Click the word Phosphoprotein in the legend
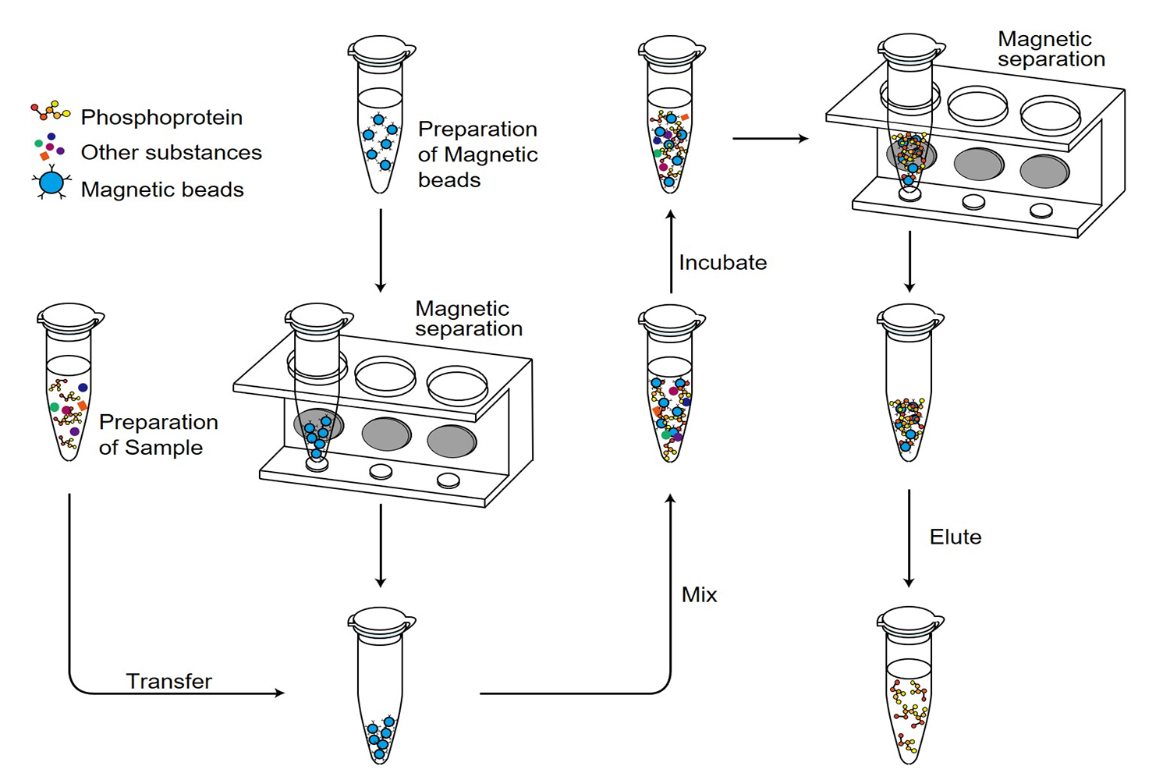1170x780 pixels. coord(161,117)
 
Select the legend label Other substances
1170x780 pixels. coord(171,152)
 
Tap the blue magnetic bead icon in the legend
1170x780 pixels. coord(51,184)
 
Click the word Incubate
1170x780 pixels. coord(722,263)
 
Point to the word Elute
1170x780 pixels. coord(955,537)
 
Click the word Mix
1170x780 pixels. coord(699,595)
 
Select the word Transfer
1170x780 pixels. coord(169,681)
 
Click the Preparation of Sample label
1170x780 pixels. coord(158,434)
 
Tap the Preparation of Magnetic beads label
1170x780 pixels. coord(477,154)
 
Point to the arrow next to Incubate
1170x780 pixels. coord(671,251)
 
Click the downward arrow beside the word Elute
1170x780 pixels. coord(909,538)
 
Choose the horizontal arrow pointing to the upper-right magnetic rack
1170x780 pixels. coord(770,139)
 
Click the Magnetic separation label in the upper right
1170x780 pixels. coord(1051,49)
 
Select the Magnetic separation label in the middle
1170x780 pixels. coord(468,319)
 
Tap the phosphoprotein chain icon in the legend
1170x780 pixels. coord(51,111)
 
